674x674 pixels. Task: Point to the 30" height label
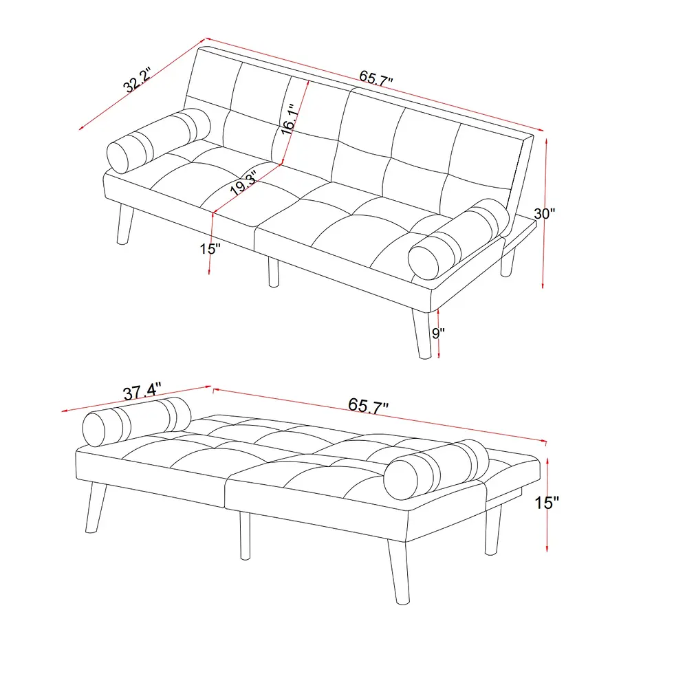point(544,214)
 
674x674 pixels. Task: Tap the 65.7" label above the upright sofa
point(376,78)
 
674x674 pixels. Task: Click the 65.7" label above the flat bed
point(369,406)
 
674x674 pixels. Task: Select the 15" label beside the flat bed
point(547,503)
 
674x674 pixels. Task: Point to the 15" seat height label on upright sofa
point(210,248)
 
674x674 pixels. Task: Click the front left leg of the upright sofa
point(125,224)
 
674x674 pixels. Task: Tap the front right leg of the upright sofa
point(422,333)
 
